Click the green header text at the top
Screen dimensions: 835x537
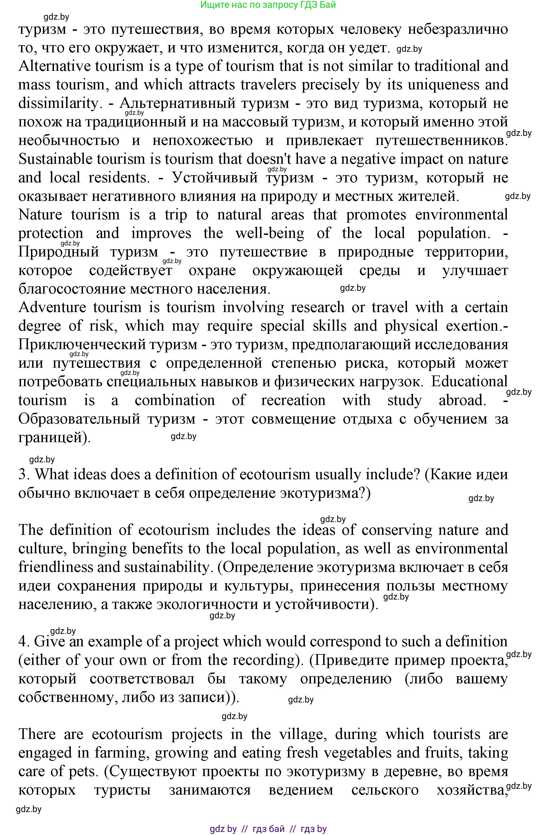(x=268, y=5)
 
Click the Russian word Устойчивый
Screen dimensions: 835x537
(x=215, y=178)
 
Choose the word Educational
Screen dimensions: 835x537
(x=469, y=382)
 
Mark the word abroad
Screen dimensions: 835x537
(x=462, y=400)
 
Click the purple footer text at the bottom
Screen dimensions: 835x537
(x=268, y=828)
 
